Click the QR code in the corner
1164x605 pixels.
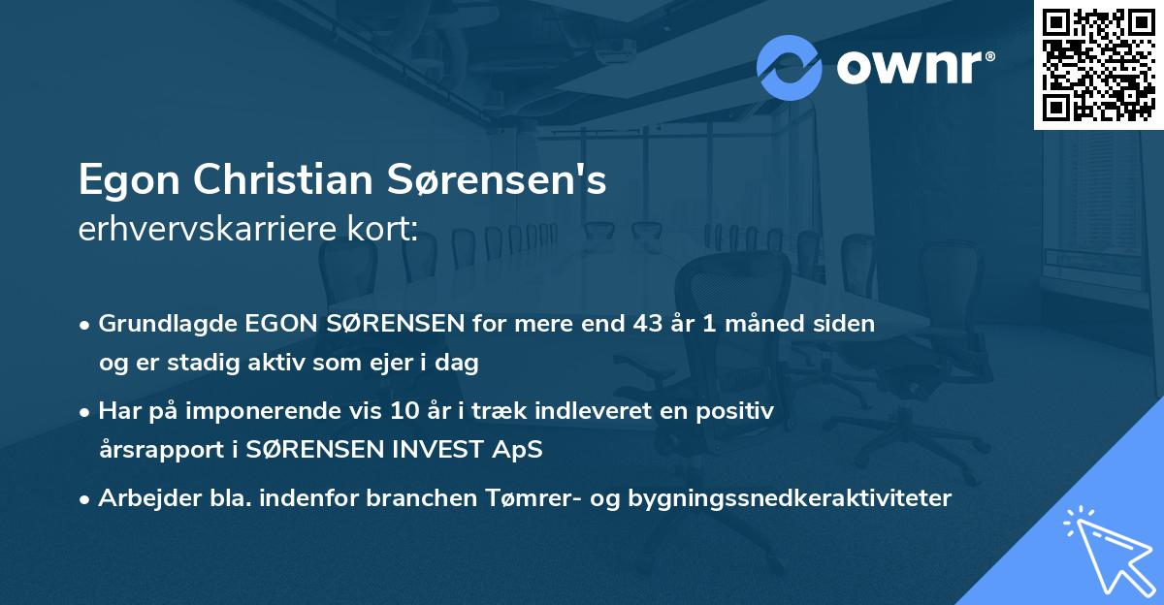(x=1098, y=65)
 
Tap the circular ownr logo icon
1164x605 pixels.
(x=790, y=67)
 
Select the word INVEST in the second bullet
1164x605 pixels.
(x=419, y=450)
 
